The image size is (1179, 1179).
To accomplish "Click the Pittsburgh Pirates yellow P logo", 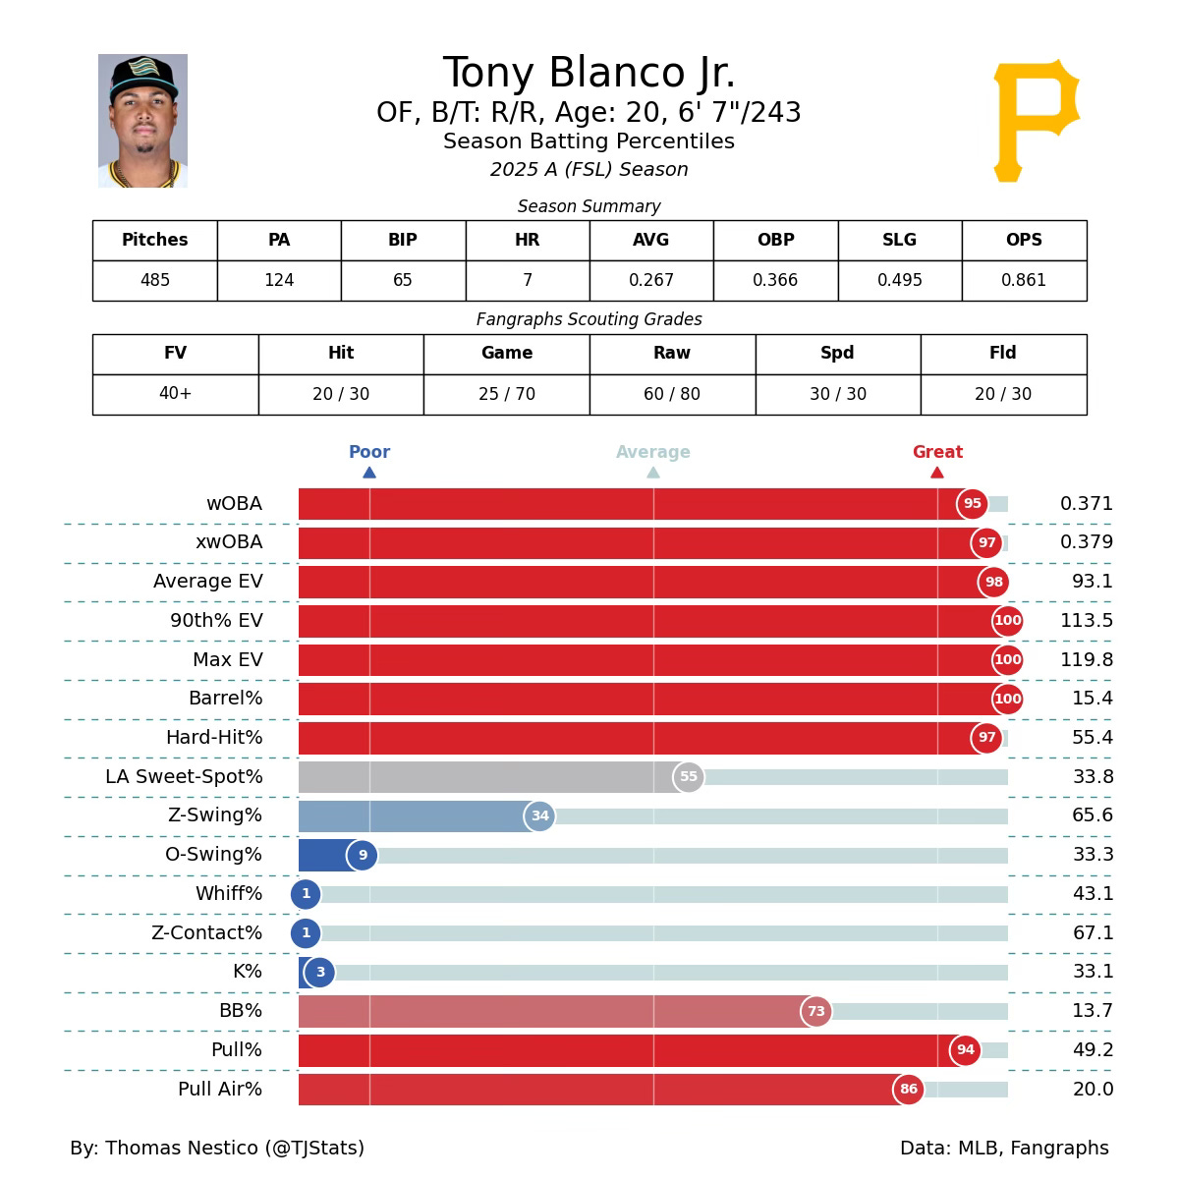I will click(1036, 119).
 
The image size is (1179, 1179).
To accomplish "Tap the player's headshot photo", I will click(142, 121).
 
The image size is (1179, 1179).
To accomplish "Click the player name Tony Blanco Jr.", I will click(589, 74).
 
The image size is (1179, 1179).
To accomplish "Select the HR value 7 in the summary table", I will click(528, 281).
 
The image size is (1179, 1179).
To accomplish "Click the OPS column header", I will click(1024, 240).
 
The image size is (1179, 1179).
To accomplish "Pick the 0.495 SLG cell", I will click(899, 281).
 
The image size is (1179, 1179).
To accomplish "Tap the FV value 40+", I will click(175, 394).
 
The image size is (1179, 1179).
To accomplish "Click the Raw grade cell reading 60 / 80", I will click(672, 394).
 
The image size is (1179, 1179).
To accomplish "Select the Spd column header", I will click(837, 353).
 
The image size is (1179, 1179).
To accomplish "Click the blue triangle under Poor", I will click(369, 473).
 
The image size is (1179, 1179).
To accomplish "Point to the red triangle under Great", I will click(937, 473).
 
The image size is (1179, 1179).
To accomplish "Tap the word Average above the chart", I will click(653, 452).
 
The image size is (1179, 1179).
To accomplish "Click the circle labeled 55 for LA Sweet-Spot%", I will click(689, 777).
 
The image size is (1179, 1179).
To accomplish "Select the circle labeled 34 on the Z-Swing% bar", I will click(539, 815).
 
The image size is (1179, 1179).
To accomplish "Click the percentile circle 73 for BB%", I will click(816, 1011).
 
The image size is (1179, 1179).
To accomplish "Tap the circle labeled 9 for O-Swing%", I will click(363, 855).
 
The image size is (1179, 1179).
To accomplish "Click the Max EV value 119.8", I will click(1087, 659).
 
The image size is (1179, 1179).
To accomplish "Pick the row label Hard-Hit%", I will click(214, 738).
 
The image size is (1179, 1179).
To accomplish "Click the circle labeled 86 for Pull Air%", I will click(909, 1089).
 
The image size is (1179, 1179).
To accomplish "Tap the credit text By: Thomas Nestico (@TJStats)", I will click(217, 1148).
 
